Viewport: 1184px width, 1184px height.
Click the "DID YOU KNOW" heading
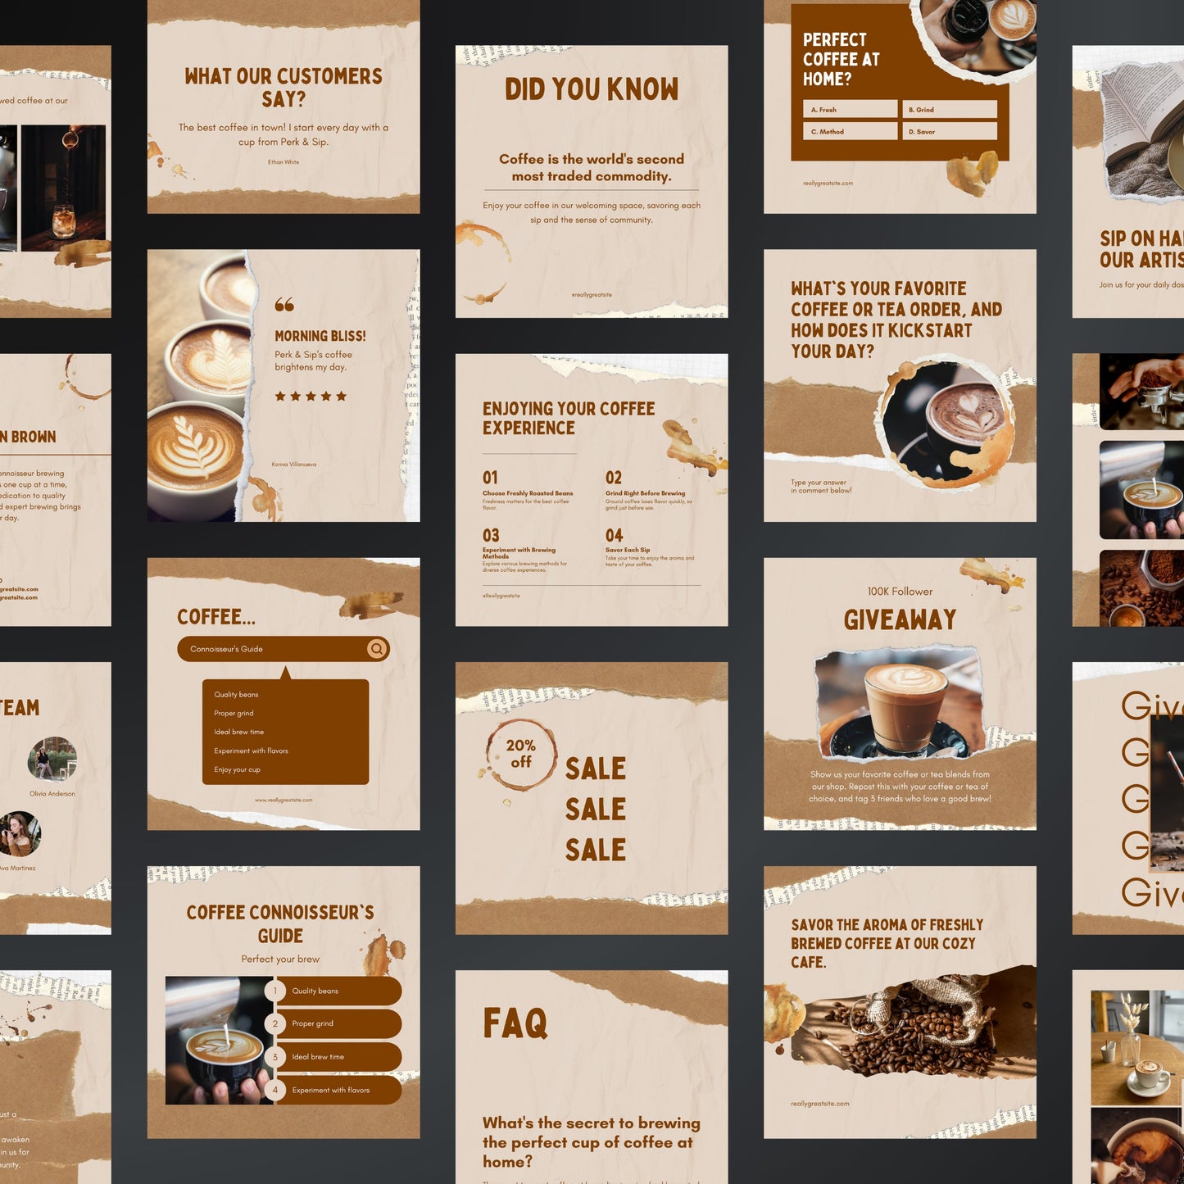tap(592, 89)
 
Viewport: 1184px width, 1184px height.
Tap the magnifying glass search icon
tap(376, 649)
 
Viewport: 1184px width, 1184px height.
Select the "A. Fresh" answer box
tap(850, 110)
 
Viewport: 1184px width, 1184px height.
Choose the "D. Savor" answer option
tap(950, 131)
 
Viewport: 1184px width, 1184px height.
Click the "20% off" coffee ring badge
tap(520, 753)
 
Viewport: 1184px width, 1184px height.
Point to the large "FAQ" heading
tap(515, 1023)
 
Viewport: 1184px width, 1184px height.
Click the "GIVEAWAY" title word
tap(900, 620)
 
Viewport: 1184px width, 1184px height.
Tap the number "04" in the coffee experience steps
tap(614, 535)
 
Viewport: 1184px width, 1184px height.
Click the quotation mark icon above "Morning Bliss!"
tap(284, 305)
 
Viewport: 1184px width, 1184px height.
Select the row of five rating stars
tap(311, 397)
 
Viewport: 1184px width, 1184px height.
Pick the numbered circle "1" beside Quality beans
tap(275, 991)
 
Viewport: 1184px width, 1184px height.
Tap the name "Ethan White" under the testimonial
tap(284, 162)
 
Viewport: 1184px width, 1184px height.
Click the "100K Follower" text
tap(900, 592)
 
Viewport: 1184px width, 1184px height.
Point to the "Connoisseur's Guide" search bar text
tap(227, 649)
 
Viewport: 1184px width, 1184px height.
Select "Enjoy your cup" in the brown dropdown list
tap(237, 770)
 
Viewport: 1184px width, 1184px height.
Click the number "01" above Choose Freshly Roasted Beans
tap(490, 478)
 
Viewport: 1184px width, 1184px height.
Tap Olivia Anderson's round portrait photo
tap(52, 759)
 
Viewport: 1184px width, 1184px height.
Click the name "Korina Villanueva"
tap(294, 465)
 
